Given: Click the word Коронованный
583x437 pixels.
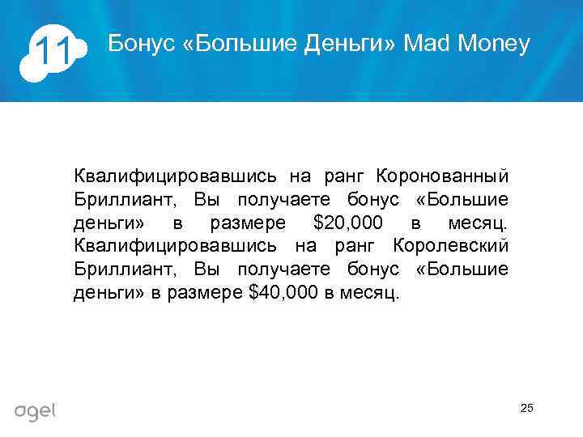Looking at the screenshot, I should pos(442,176).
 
